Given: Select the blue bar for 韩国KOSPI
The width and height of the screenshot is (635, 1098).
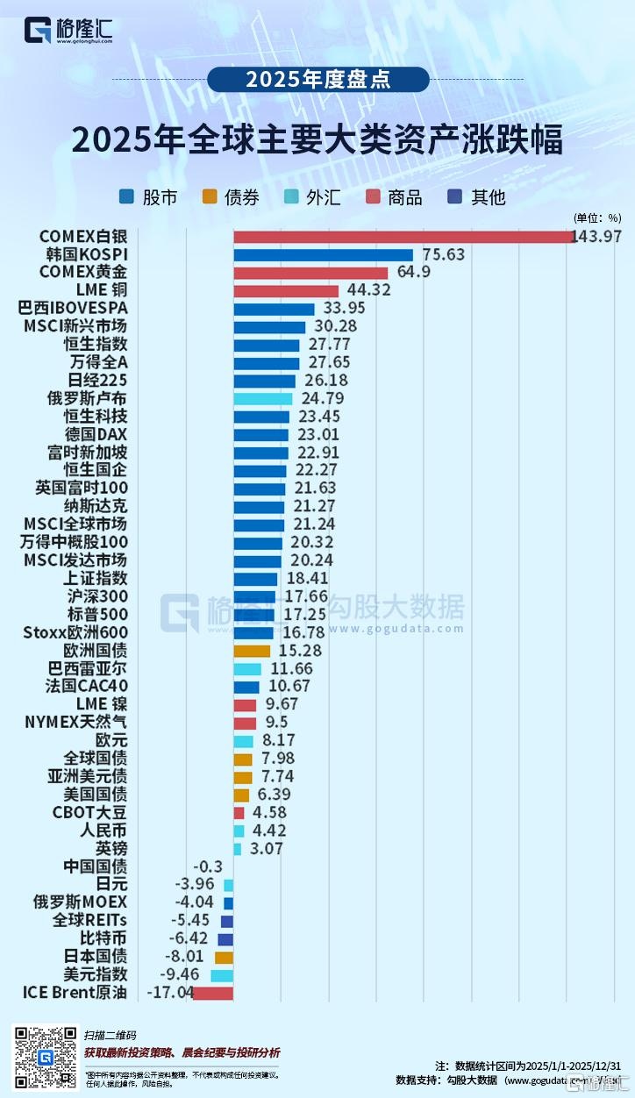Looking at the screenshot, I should click(x=323, y=255).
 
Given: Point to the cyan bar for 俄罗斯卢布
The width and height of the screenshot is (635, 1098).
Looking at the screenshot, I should click(x=262, y=399).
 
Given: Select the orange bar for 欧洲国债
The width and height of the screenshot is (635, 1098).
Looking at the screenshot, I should click(x=252, y=651).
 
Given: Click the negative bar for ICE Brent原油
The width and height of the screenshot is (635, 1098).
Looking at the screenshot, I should click(x=212, y=993).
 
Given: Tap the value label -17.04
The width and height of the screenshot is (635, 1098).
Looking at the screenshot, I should click(x=171, y=993).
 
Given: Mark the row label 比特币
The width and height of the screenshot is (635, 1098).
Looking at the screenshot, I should click(x=104, y=938).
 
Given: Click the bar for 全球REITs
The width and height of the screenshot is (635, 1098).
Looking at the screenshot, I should click(x=227, y=921).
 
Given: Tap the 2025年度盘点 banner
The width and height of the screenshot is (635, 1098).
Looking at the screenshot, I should click(x=317, y=79).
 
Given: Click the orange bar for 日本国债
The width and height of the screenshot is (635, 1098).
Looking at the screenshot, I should click(x=224, y=957).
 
